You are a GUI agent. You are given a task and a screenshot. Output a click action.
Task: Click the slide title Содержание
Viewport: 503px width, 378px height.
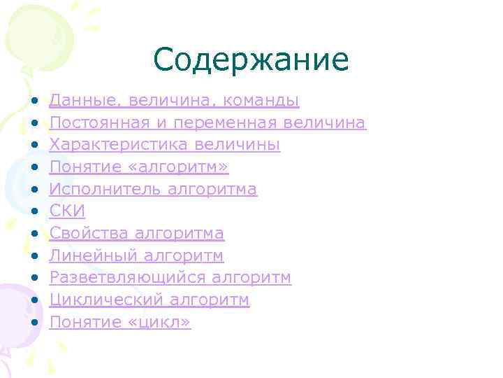(251, 60)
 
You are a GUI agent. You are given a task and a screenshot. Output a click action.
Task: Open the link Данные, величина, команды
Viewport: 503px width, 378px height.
(175, 101)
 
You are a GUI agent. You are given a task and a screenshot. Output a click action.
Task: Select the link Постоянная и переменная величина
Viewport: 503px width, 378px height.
(207, 123)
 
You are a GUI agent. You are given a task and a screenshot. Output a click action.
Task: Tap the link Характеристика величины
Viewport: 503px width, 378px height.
(165, 145)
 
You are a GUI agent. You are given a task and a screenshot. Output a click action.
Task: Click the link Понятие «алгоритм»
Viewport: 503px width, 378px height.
(139, 167)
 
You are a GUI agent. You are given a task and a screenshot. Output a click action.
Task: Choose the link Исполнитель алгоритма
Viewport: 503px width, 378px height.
(153, 189)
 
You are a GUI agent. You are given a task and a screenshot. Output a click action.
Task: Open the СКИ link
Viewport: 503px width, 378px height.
(67, 211)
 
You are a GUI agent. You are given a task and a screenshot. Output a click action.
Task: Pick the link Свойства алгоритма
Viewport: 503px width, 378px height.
(137, 233)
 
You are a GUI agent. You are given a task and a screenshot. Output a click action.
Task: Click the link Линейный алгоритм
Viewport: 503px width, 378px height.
(137, 255)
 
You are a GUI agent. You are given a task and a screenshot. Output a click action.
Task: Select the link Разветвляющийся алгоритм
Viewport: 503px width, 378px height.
(170, 278)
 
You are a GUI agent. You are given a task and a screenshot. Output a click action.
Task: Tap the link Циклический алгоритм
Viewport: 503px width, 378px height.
(150, 300)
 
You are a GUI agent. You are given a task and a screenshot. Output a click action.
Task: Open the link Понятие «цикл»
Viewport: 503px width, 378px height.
(120, 322)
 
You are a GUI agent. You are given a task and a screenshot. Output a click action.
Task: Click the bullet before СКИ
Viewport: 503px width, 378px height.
(36, 211)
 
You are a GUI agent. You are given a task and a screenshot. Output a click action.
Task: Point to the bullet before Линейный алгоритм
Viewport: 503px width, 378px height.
(36, 255)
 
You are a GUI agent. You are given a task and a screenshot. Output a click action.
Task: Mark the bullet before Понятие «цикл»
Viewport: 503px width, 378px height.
(36, 322)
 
